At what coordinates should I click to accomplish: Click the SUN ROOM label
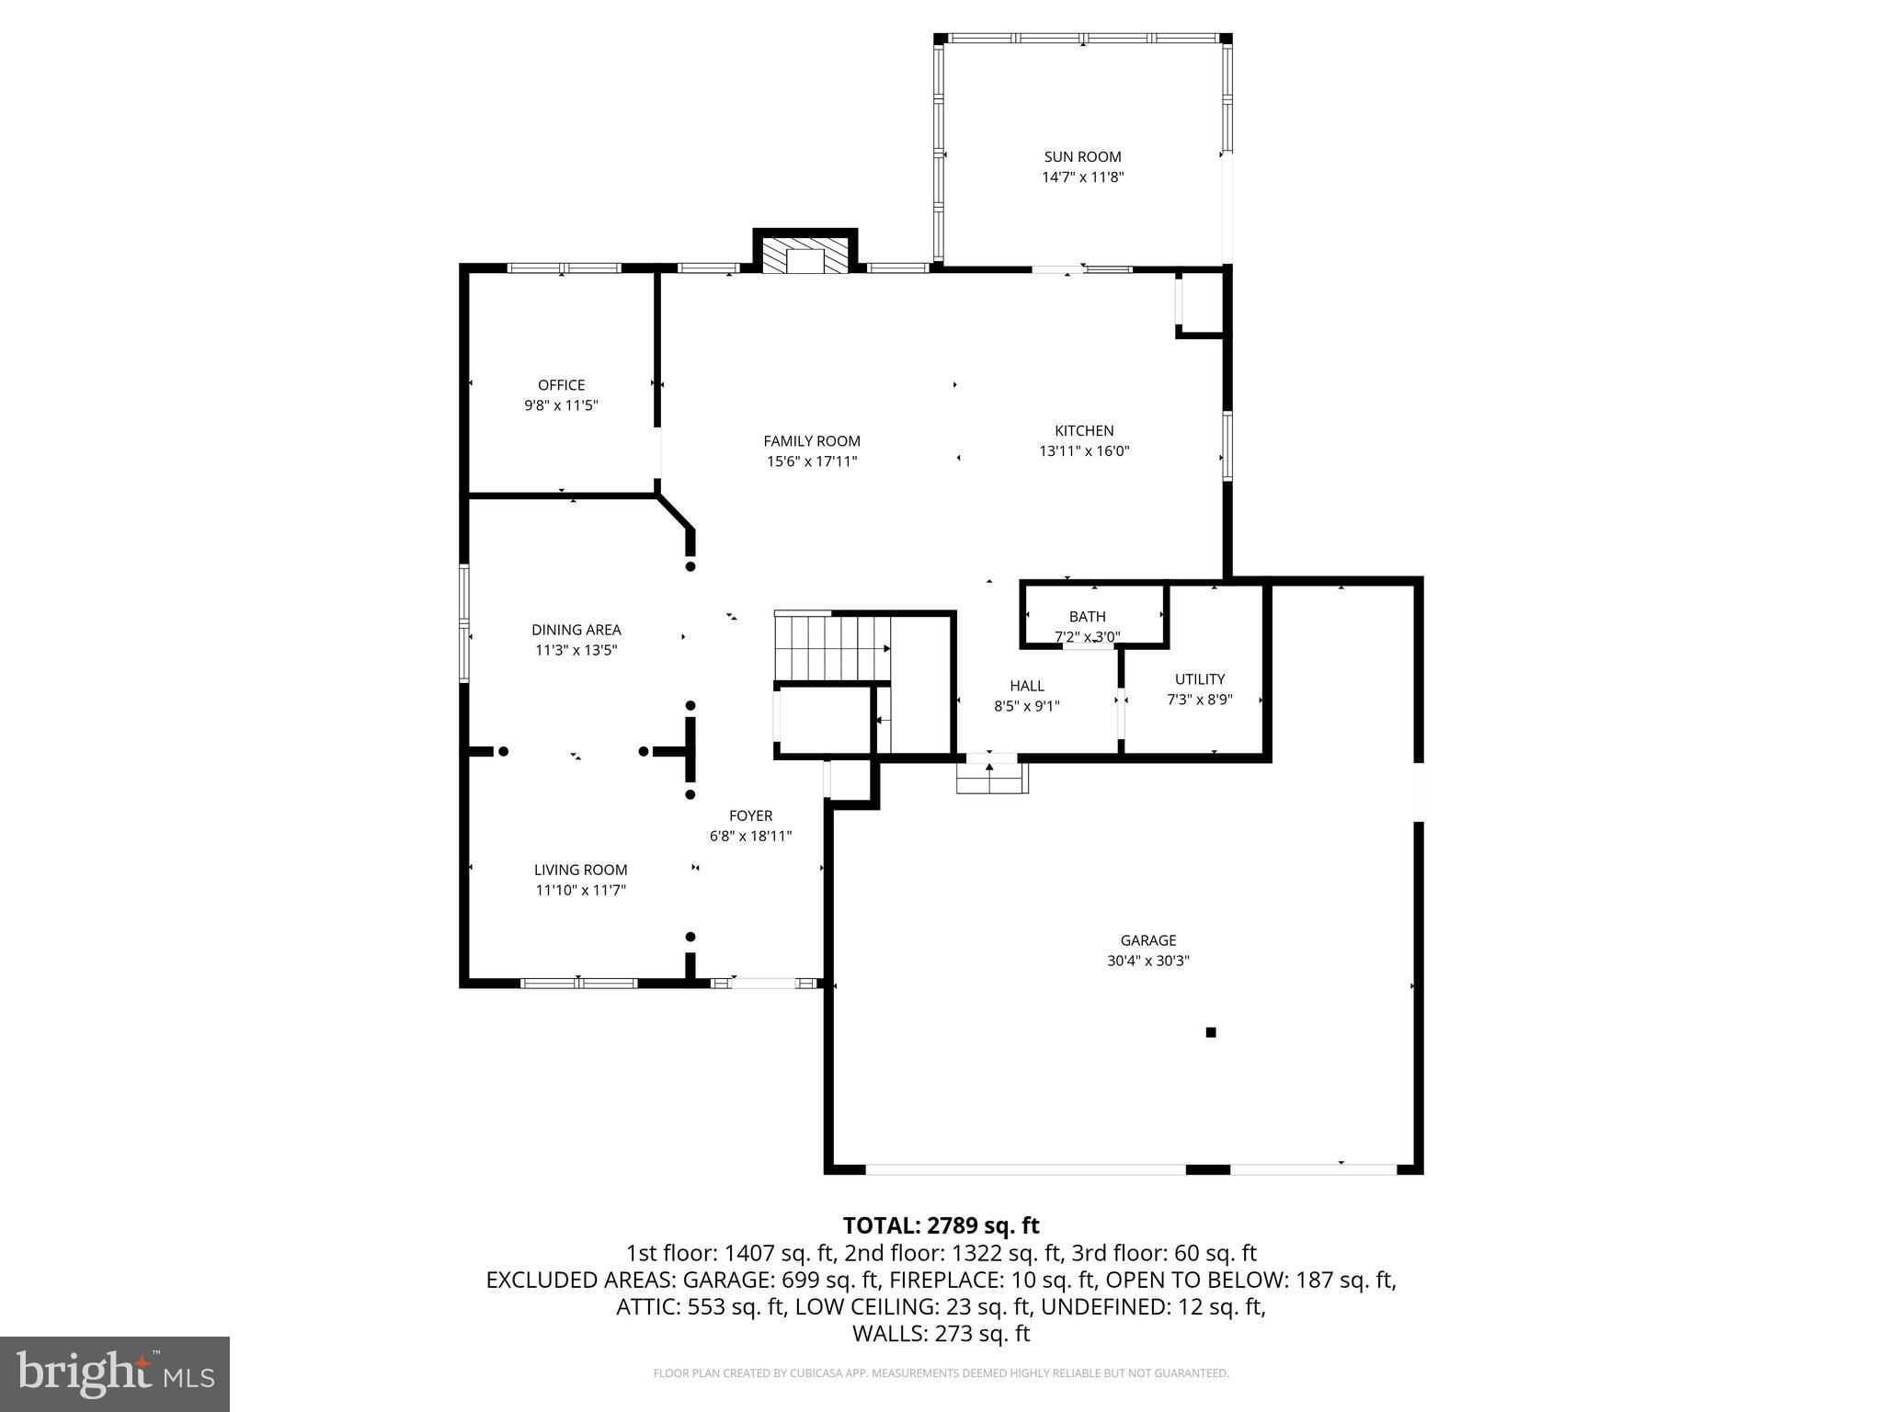tap(1082, 157)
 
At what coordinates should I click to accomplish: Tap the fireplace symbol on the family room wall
tap(806, 256)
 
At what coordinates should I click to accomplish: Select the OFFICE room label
tap(561, 385)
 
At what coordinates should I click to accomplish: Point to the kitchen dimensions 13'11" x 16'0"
tap(1084, 451)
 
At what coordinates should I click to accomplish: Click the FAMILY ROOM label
tap(812, 441)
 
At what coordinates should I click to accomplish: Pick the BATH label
tap(1087, 617)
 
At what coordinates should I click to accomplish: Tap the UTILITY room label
tap(1199, 679)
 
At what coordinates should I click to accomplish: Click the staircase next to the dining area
tap(831, 646)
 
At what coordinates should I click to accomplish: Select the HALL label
tap(1026, 686)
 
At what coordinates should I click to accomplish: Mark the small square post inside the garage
tap(1210, 1032)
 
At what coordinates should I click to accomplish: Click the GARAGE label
tap(1147, 940)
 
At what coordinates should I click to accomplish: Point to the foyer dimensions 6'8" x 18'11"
tap(750, 837)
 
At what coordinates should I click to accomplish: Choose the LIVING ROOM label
tap(580, 870)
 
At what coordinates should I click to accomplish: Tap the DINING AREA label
tap(576, 630)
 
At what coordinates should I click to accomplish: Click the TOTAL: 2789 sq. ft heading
tap(941, 1225)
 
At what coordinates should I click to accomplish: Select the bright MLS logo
tap(115, 1373)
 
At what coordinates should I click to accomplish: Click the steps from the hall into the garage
tap(990, 779)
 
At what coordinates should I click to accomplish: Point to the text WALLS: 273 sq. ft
tap(941, 1334)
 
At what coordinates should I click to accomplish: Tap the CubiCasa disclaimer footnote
tap(941, 1373)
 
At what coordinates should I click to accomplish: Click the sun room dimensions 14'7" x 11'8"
tap(1082, 177)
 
